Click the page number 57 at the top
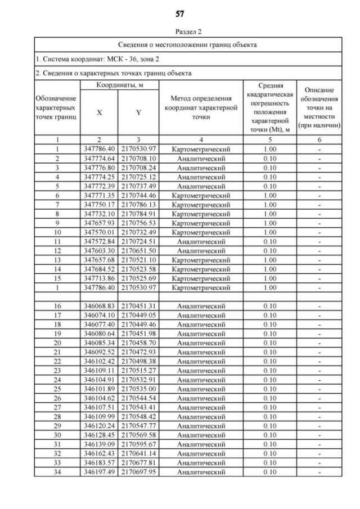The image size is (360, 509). click(x=180, y=13)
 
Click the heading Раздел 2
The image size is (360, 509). click(x=180, y=32)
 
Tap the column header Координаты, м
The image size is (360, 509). click(x=119, y=85)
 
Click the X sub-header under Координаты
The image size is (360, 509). click(x=100, y=112)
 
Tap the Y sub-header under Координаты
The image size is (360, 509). click(x=138, y=112)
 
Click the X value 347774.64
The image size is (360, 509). click(x=100, y=159)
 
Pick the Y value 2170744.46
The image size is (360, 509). click(x=138, y=195)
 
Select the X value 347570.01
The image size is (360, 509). click(x=100, y=232)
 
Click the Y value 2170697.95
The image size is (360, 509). click(x=138, y=472)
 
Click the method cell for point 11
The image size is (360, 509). click(x=200, y=241)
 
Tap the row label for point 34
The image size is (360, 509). click(x=57, y=472)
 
